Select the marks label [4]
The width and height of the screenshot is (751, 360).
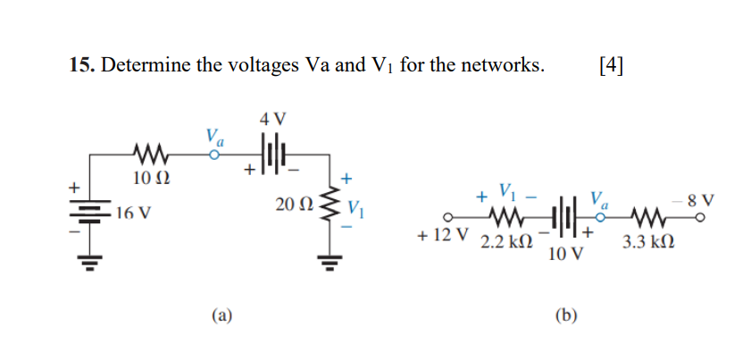pyautogui.click(x=608, y=65)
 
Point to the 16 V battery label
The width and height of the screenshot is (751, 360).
pyautogui.click(x=133, y=216)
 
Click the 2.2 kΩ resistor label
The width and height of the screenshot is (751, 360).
pyautogui.click(x=506, y=242)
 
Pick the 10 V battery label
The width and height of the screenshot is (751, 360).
pyautogui.click(x=566, y=255)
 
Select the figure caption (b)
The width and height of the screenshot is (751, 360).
pyautogui.click(x=566, y=314)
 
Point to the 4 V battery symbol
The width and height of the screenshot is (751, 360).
pyautogui.click(x=272, y=152)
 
